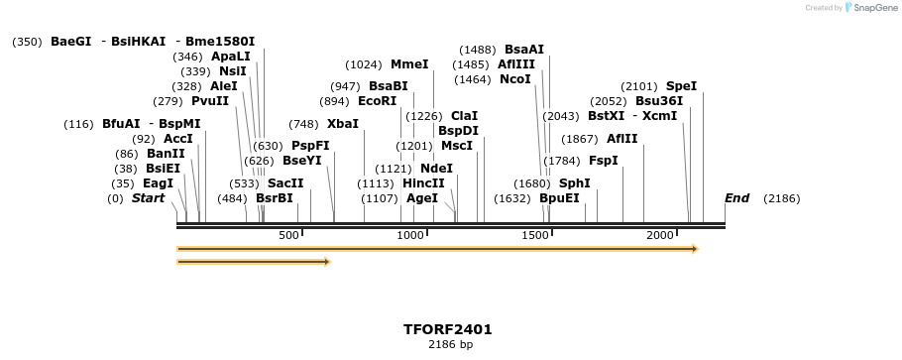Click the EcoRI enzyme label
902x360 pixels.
[377, 101]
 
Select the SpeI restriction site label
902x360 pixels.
[681, 86]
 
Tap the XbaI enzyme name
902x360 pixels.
[343, 124]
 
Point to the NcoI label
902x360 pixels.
[515, 79]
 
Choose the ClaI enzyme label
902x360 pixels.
[464, 116]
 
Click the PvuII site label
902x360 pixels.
[210, 101]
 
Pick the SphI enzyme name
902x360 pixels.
[574, 183]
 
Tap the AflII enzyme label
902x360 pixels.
[622, 139]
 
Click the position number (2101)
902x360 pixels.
[639, 86]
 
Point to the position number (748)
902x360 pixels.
[303, 124]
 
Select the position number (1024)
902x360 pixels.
[364, 64]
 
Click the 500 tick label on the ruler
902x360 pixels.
[288, 236]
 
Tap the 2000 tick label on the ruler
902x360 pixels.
[660, 236]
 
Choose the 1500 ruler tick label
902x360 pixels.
[535, 236]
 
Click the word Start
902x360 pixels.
[148, 198]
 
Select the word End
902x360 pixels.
[736, 198]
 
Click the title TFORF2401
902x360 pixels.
[448, 329]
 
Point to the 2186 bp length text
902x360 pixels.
[450, 345]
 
